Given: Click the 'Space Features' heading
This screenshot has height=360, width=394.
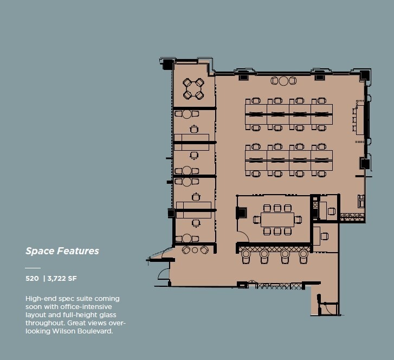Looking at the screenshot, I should coord(62,251).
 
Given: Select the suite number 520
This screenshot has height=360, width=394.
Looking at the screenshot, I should coord(32,279).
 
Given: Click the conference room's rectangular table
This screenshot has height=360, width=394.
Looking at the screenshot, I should coord(277,220).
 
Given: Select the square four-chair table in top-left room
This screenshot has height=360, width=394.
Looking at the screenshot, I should coord(193,89).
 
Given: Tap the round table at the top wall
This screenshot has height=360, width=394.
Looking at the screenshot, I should coord(283,81).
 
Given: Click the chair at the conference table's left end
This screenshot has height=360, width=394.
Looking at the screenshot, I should coord(256,220).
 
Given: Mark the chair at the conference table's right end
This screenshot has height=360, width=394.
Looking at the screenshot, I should coord(298,220).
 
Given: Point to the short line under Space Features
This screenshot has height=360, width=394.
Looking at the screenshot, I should coord(33,268).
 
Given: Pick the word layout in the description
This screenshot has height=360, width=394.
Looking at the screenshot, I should coord(35,315).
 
